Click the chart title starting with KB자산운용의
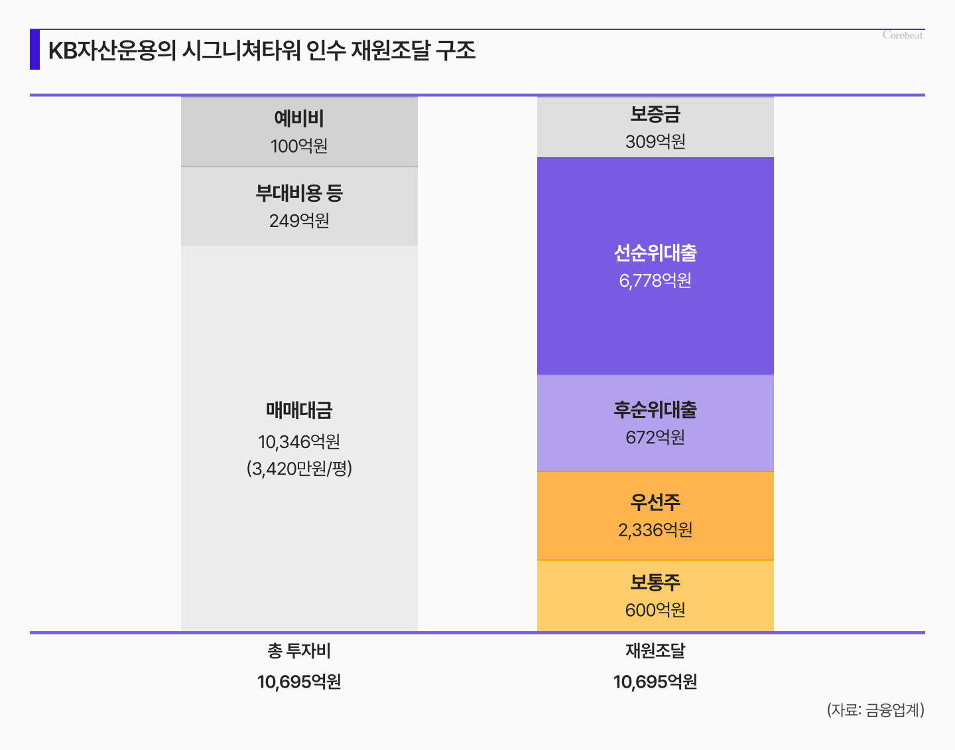(x=262, y=50)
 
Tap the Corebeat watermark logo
(x=903, y=35)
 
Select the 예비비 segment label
(x=299, y=119)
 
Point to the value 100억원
(x=299, y=146)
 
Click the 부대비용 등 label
(x=299, y=193)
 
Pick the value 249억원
(x=299, y=221)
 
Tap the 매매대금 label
(x=299, y=410)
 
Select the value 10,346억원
(x=299, y=441)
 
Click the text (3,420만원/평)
(x=299, y=469)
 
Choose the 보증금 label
(x=655, y=114)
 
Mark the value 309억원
(x=655, y=141)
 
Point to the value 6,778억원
(x=655, y=281)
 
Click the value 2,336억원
(x=655, y=530)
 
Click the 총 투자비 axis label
(x=299, y=651)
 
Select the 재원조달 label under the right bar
(x=655, y=651)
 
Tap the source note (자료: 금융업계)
(x=875, y=710)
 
